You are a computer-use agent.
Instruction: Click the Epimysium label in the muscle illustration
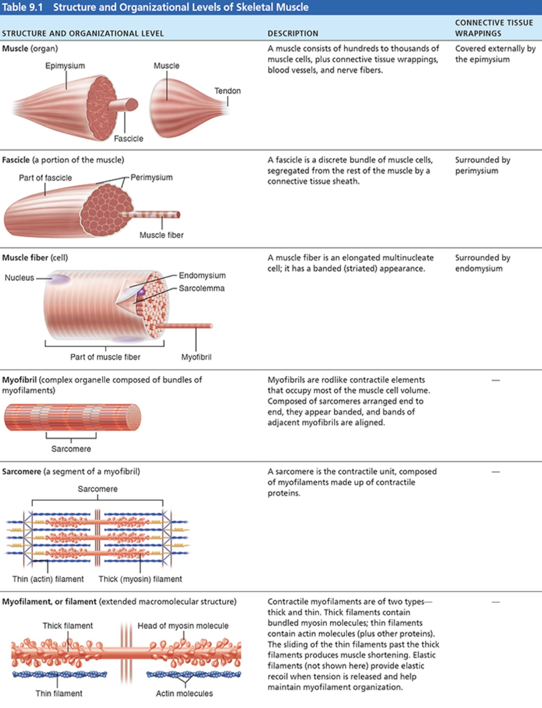(x=65, y=66)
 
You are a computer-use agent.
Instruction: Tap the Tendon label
(x=227, y=91)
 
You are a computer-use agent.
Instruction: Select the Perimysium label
(x=152, y=177)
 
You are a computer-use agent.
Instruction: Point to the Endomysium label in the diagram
(x=202, y=276)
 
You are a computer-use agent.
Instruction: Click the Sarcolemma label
(x=201, y=288)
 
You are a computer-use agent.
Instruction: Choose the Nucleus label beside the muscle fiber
(x=19, y=278)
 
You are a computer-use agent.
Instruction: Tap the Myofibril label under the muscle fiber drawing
(x=196, y=357)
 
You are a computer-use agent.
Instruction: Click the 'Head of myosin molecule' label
(x=183, y=626)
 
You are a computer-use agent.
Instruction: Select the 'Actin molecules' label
(x=184, y=694)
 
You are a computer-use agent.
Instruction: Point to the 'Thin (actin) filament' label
(x=48, y=579)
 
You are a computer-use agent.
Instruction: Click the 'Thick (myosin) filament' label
(x=140, y=579)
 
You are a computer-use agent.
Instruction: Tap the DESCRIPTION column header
(x=293, y=33)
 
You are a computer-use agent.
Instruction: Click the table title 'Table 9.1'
(x=23, y=7)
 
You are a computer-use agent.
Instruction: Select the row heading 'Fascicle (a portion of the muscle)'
(x=63, y=160)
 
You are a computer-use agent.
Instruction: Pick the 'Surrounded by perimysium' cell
(x=482, y=165)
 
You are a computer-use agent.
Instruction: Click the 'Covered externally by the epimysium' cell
(x=495, y=54)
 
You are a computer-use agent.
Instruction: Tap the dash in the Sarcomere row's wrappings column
(x=496, y=472)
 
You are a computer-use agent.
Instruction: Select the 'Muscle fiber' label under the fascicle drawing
(x=162, y=235)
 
